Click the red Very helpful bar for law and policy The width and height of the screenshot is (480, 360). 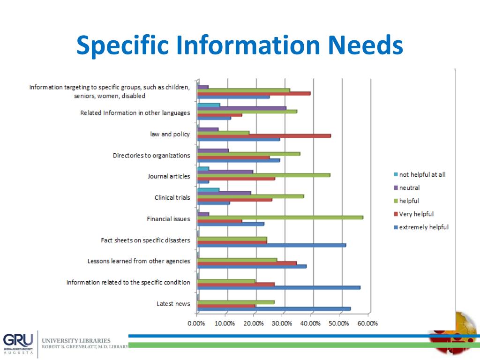coord(264,135)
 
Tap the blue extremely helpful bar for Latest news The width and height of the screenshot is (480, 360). coord(274,308)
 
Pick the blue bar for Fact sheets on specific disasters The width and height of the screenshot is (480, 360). coord(272,245)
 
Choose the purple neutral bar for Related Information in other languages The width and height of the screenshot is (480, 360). coord(242,108)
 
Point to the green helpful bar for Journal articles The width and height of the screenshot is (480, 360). coord(264,175)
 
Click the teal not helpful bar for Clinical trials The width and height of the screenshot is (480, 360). coord(209,189)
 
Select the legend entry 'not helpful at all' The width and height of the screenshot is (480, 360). coord(422,174)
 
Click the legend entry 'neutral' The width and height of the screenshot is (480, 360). coord(409,187)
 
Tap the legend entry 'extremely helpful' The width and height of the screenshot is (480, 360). coord(423,227)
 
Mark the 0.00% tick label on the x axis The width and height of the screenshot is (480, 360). coord(196,323)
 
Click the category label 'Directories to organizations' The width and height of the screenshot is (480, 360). coord(151,155)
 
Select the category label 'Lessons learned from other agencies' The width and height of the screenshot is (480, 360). coord(139,261)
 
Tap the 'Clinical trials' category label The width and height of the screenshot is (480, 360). coord(172,197)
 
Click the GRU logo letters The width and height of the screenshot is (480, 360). coord(18,339)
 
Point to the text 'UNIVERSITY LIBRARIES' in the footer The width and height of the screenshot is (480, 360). coord(76,340)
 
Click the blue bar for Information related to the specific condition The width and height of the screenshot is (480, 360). coord(279,287)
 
